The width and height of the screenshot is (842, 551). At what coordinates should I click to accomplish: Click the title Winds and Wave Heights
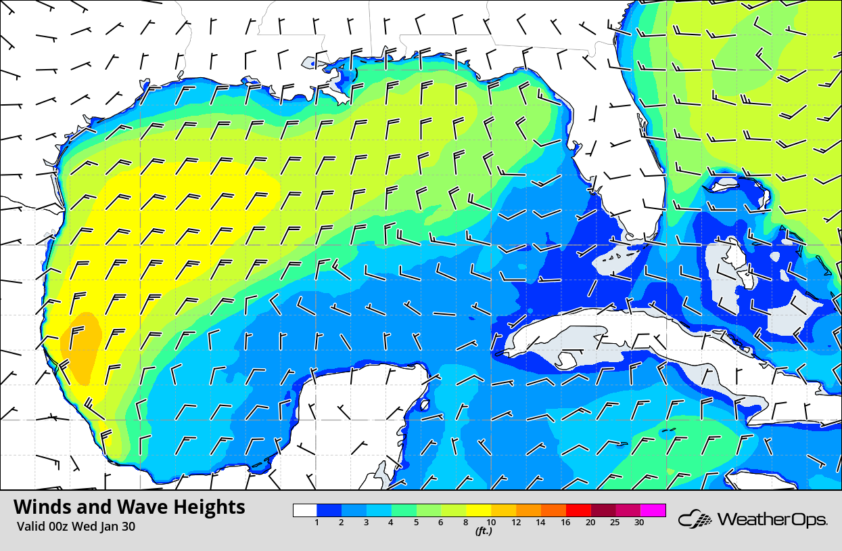pyautogui.click(x=129, y=507)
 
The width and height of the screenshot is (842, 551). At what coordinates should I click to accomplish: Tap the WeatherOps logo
pyautogui.click(x=753, y=520)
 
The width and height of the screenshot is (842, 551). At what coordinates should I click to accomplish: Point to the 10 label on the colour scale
pyautogui.click(x=492, y=523)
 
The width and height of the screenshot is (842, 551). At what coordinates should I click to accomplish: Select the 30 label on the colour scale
pyautogui.click(x=639, y=523)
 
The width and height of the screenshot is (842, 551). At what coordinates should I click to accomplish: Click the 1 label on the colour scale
pyautogui.click(x=317, y=523)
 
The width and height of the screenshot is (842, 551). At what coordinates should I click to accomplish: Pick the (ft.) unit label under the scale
pyautogui.click(x=483, y=531)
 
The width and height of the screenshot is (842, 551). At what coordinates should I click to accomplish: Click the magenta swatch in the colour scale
pyautogui.click(x=653, y=510)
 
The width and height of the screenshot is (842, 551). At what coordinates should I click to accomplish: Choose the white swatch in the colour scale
pyautogui.click(x=305, y=510)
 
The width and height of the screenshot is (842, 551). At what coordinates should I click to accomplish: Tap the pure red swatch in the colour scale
pyautogui.click(x=580, y=510)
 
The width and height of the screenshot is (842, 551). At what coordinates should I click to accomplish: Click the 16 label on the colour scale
pyautogui.click(x=565, y=523)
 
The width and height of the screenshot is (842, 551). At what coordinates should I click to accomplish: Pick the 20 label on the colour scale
pyautogui.click(x=590, y=523)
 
